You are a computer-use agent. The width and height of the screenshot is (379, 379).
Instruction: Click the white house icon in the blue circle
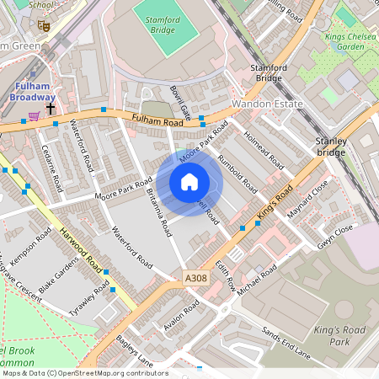point(189,182)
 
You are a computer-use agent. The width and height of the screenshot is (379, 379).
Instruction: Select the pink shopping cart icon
point(33,116)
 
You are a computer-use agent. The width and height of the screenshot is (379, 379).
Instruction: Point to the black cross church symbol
point(51,107)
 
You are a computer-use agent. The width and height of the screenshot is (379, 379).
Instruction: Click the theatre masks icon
point(45,26)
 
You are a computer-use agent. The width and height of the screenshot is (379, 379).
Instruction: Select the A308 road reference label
point(194,276)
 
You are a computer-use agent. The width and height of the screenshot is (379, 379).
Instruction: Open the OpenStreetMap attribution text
point(84,373)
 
